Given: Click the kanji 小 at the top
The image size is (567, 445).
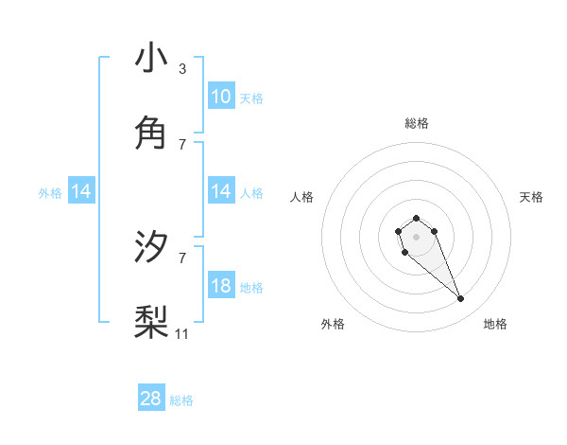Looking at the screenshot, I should (151, 58).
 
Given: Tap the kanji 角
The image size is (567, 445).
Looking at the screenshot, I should (151, 133).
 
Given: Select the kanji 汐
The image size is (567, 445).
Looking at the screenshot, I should (151, 247).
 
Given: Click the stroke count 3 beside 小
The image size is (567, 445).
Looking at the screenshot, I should (181, 69).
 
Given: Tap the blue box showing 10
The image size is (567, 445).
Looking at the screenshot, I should (221, 97).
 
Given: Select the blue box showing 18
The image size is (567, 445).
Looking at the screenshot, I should (221, 286).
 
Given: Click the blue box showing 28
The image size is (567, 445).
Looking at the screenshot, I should (151, 399).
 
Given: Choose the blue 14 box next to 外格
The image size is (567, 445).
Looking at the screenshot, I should (81, 191).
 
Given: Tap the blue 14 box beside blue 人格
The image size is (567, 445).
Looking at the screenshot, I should (221, 191).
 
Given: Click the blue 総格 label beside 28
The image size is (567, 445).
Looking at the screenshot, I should (181, 400).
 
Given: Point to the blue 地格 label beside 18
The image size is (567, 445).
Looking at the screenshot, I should (251, 288).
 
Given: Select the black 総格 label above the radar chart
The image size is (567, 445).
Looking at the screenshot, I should (416, 123).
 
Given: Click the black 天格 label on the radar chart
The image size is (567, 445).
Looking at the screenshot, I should (532, 197).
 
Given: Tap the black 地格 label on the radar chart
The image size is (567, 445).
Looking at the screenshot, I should (495, 324).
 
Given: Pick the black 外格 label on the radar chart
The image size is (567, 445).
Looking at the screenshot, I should (333, 324).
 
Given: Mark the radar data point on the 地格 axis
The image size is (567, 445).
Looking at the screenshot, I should (461, 299).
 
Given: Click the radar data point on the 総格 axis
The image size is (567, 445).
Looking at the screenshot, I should (416, 218).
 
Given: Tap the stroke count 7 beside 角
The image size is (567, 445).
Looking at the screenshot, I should (181, 145).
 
